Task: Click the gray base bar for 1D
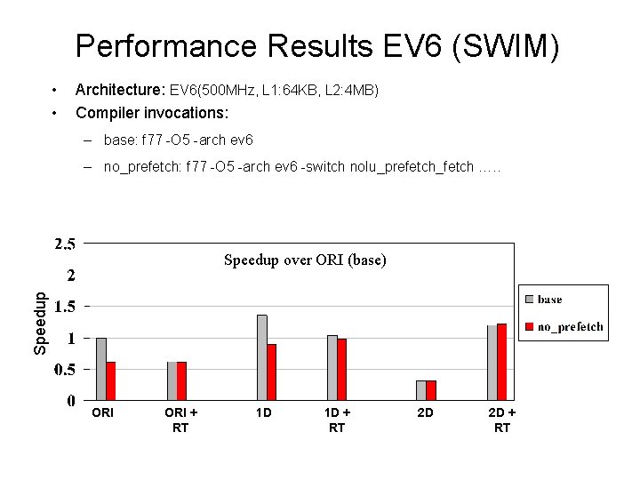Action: (261, 357)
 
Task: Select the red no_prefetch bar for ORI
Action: (111, 380)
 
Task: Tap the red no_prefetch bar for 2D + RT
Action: (502, 362)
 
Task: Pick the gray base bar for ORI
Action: (101, 369)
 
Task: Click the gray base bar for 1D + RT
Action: (332, 367)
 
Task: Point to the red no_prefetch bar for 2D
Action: (431, 390)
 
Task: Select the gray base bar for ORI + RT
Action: (172, 380)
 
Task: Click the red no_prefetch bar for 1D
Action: (271, 372)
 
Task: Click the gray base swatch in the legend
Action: (529, 300)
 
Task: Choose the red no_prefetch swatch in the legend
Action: (529, 327)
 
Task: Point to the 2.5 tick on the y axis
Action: (64, 243)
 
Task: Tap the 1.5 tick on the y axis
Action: (64, 306)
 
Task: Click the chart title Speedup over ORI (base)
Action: (305, 260)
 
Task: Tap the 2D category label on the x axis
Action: (426, 413)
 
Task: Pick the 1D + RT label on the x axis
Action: (337, 420)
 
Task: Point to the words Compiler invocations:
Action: (152, 114)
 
